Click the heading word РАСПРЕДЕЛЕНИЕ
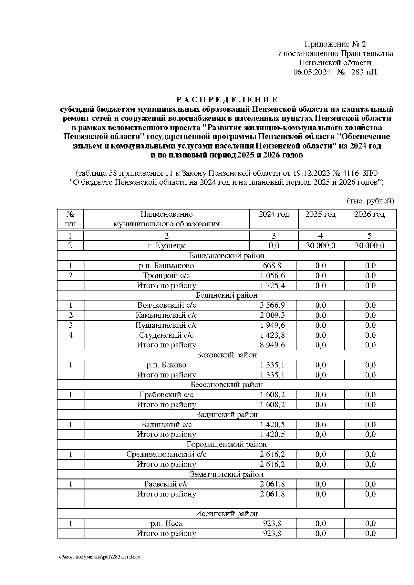(x=227, y=100)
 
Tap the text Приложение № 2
(x=335, y=44)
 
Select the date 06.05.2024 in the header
(x=312, y=72)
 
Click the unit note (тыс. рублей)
(x=370, y=201)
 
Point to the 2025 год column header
(x=320, y=214)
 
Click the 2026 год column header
(x=369, y=214)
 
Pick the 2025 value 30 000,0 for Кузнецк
(x=320, y=245)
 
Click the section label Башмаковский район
(x=227, y=255)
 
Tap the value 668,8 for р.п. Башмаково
(x=272, y=266)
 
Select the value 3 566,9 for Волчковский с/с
(x=272, y=305)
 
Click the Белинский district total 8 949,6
(x=272, y=345)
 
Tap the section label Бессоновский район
(x=227, y=385)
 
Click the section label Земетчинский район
(x=227, y=474)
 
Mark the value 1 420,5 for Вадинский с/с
(x=272, y=425)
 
